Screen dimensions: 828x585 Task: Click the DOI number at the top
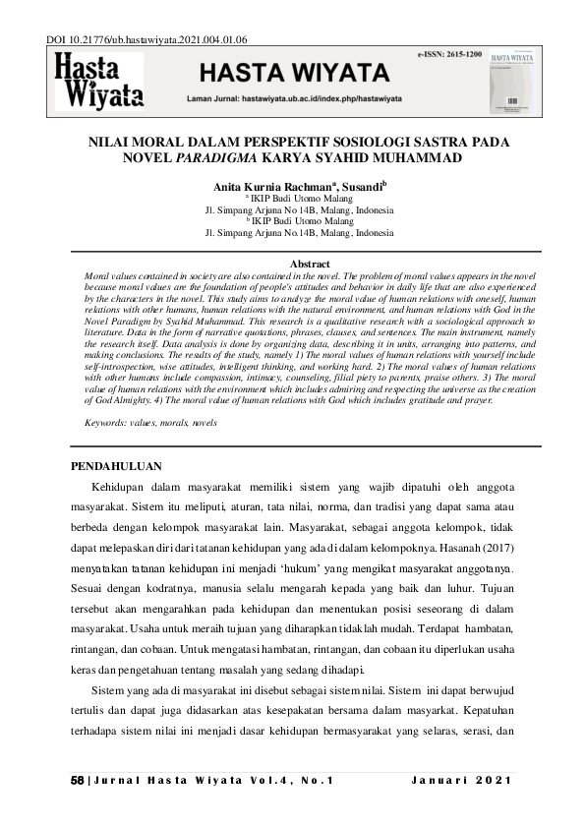click(x=147, y=40)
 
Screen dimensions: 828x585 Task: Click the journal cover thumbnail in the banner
click(x=515, y=80)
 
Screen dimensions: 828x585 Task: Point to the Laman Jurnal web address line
click(x=279, y=100)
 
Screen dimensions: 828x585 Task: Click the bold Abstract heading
click(x=310, y=264)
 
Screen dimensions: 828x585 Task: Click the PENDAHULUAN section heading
click(x=124, y=464)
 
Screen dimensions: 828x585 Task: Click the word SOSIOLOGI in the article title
click(x=344, y=142)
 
